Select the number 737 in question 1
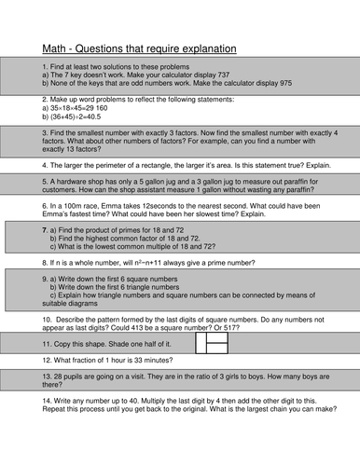point(225,75)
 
